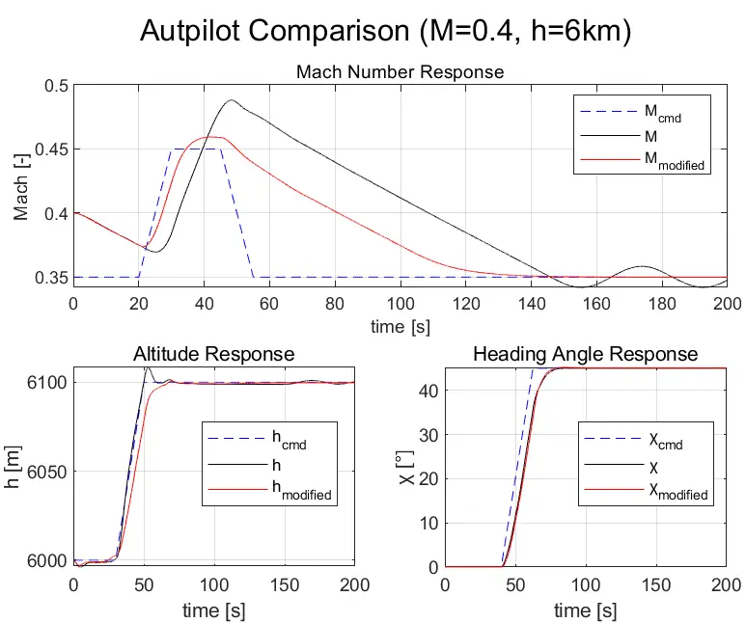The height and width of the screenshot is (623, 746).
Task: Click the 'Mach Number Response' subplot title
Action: pos(400,72)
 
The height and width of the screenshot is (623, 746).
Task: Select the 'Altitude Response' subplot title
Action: pos(213,355)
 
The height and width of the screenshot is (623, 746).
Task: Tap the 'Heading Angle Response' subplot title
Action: pos(585,355)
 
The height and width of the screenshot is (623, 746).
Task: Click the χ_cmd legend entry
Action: pos(662,442)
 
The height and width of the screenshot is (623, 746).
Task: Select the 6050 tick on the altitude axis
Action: pos(45,472)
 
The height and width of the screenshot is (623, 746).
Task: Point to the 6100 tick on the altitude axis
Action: pos(45,383)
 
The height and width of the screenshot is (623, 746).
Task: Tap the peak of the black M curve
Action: pos(232,100)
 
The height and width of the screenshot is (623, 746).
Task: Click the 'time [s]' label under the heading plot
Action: pos(585,611)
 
